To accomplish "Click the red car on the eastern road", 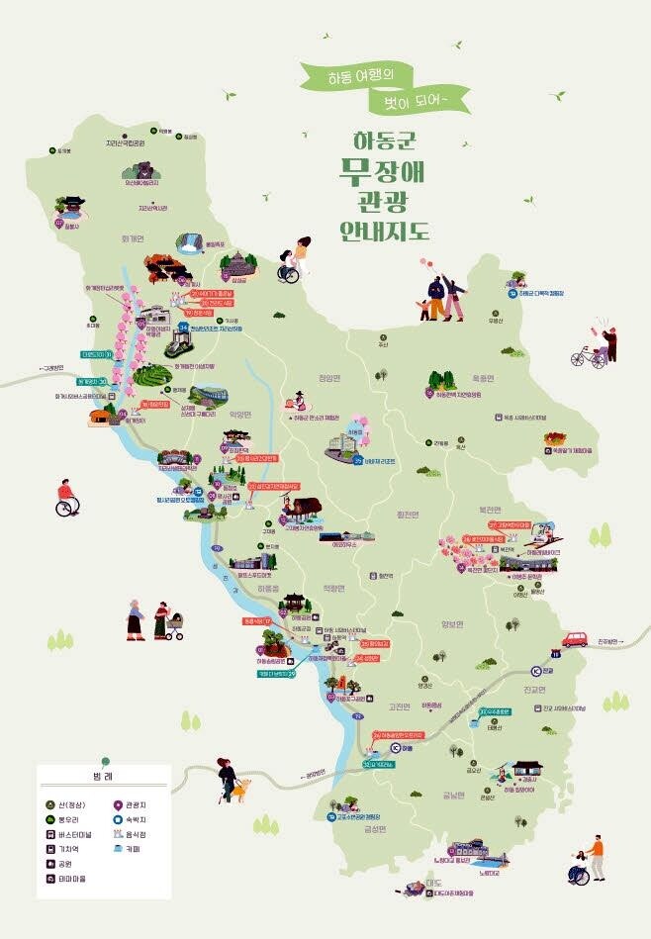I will click(576, 639).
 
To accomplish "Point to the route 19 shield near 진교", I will click(555, 654).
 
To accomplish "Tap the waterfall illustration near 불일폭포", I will click(189, 242).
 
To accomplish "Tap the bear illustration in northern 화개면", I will click(144, 167).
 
